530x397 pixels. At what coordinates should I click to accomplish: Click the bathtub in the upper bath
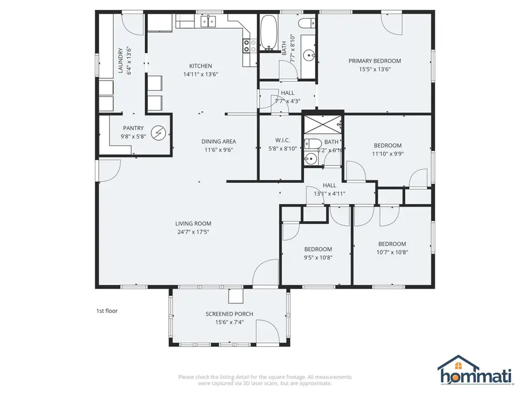(x=269, y=33)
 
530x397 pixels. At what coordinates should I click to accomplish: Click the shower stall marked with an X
(x=323, y=124)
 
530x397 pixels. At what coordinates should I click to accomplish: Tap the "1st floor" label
(x=107, y=311)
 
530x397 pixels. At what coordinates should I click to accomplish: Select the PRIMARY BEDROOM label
(x=375, y=61)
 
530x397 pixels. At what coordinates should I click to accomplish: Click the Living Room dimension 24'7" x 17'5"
(x=193, y=232)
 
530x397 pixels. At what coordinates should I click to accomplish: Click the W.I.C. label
(x=282, y=140)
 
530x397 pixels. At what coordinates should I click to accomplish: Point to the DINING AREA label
(x=218, y=141)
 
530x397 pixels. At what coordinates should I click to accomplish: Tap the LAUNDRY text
(x=121, y=61)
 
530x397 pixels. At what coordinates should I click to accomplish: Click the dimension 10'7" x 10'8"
(x=392, y=252)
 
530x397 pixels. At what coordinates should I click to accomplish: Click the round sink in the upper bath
(x=309, y=55)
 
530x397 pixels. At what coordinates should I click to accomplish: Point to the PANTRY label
(x=133, y=128)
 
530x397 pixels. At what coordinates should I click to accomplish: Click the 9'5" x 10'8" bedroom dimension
(x=318, y=257)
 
